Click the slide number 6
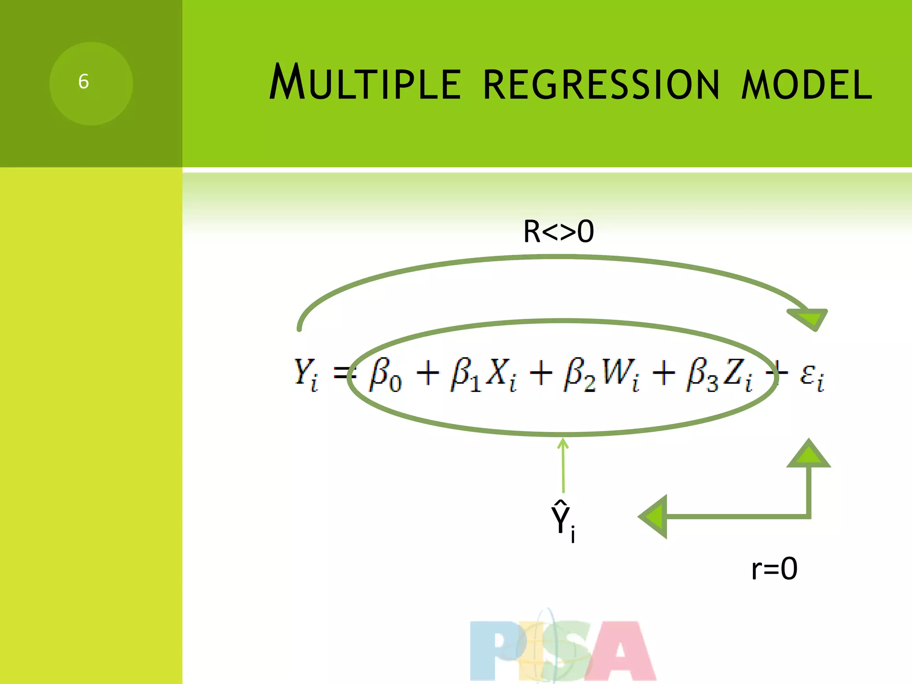(x=84, y=82)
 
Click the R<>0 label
(x=558, y=232)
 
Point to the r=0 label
(x=774, y=569)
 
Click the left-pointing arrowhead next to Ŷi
(x=655, y=517)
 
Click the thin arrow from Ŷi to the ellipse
(x=563, y=465)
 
